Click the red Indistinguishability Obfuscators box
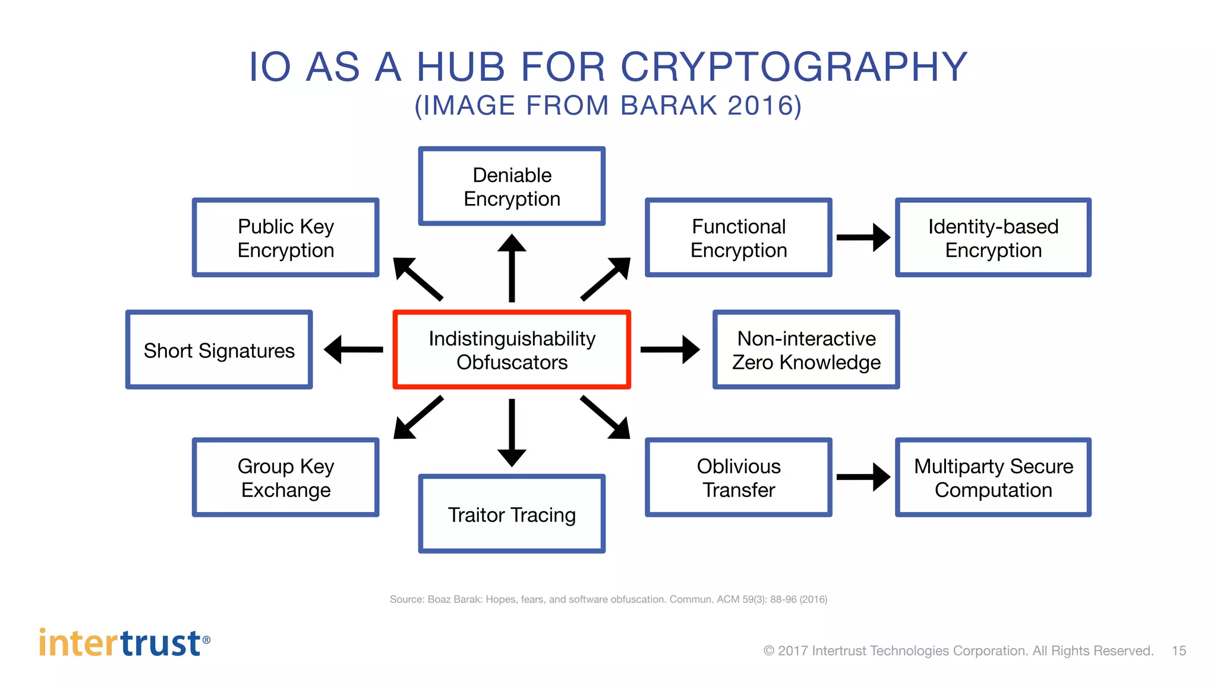[x=512, y=350]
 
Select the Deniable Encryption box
[x=512, y=186]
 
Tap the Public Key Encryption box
[x=286, y=237]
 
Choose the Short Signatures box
[x=219, y=350]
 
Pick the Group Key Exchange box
[x=286, y=477]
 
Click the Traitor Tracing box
[x=512, y=514]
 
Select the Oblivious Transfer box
[x=739, y=477]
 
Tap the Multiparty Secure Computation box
[x=993, y=477]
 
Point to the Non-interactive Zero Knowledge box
[x=806, y=350]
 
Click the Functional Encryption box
[x=739, y=237]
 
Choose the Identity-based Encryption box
[x=993, y=237]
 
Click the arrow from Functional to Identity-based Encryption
[x=863, y=237]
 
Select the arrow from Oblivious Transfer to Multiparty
[x=863, y=477]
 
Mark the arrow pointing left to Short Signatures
[x=354, y=350]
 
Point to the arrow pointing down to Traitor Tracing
[x=512, y=432]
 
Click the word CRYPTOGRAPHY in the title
[x=794, y=67]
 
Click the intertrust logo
[x=124, y=643]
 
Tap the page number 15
[x=1178, y=651]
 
